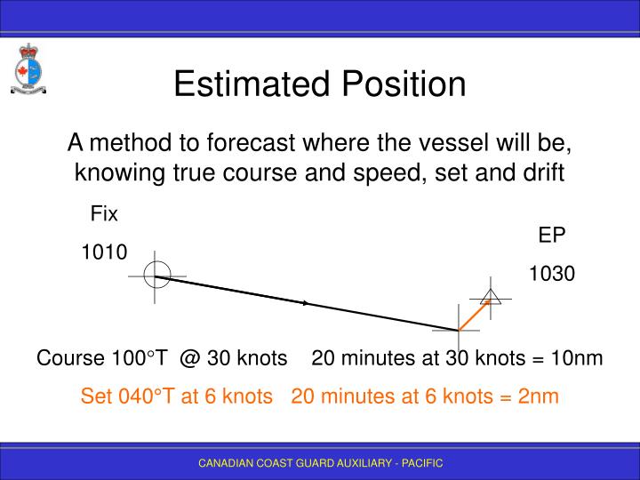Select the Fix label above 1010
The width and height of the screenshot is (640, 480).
(104, 213)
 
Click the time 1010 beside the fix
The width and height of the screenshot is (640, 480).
(104, 252)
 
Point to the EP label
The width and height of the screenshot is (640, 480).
(552, 235)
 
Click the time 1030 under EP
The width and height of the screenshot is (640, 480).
(552, 274)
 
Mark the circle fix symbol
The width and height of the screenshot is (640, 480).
(156, 276)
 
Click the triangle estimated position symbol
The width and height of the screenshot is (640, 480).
(490, 297)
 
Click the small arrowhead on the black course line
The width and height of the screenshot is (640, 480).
(306, 303)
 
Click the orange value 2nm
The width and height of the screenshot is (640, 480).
(539, 396)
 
